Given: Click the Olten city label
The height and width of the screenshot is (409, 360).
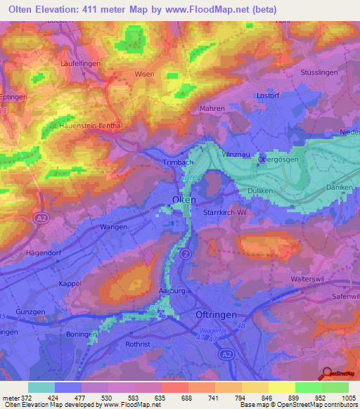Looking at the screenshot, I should point(184,200).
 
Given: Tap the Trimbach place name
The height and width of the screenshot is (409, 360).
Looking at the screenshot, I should point(168,162).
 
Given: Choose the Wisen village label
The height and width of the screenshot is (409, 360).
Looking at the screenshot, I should point(143,73).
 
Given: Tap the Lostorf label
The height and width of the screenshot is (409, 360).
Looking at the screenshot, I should point(268,95).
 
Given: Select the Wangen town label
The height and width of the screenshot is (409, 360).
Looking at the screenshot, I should point(113,227).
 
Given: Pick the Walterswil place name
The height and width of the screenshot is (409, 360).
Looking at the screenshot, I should point(308,279).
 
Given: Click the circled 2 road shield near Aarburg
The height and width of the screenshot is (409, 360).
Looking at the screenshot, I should point(186,252).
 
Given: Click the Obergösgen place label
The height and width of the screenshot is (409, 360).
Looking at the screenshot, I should point(282,158).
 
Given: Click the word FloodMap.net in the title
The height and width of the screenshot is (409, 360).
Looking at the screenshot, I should point(214,9).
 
